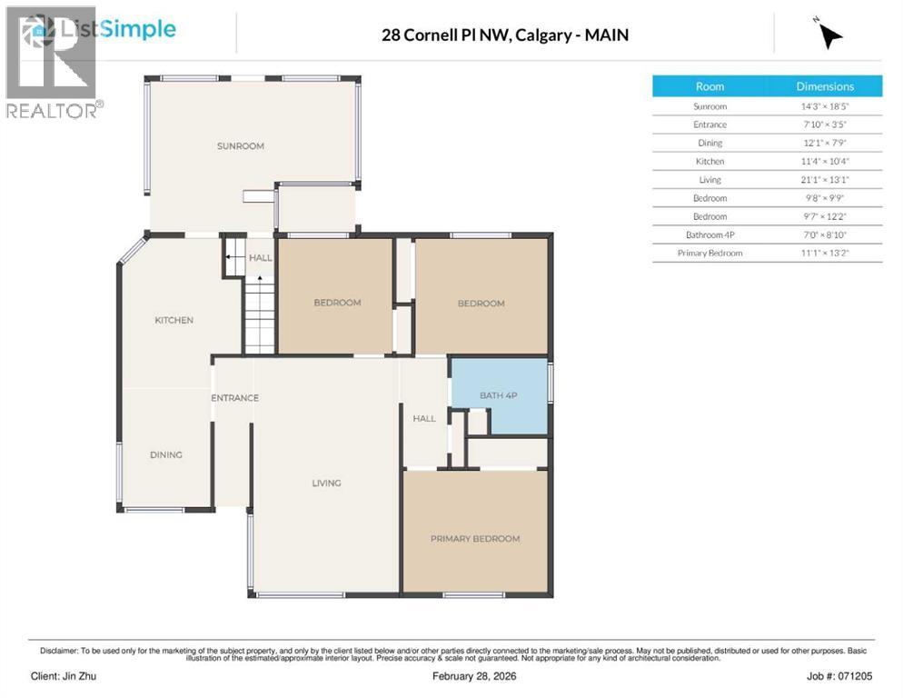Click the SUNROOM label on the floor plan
pos(240,146)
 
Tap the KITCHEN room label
pos(174,320)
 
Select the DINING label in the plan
pos(166,455)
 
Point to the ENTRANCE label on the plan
pos(234,398)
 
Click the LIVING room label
pos(326,484)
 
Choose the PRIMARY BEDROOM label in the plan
pos(474,539)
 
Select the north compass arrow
pos(829,35)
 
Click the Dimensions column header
pos(825,86)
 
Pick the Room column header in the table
pos(709,86)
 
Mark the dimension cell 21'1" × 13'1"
pos(825,180)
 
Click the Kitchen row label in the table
pos(709,162)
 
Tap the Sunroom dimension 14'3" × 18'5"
pos(825,106)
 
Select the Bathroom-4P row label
pos(709,234)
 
